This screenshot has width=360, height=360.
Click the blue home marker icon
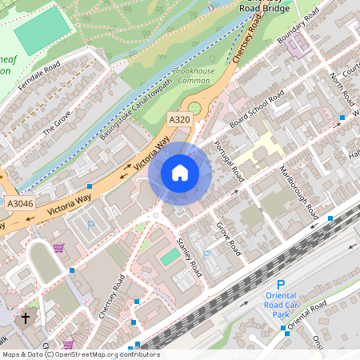pos(180,172)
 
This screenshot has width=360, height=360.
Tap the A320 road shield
pos(179,119)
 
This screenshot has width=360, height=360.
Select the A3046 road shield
pos(21,205)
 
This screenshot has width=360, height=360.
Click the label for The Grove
pos(57,121)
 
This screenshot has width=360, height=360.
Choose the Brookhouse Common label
pos(194,76)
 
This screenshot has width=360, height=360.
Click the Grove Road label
pos(228,238)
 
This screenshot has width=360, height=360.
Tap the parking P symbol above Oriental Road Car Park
pos(280,285)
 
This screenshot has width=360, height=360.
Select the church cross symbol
pos(25,318)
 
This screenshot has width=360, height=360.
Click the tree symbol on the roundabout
pos(194,107)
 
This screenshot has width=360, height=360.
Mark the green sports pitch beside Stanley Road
pos(170,257)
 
